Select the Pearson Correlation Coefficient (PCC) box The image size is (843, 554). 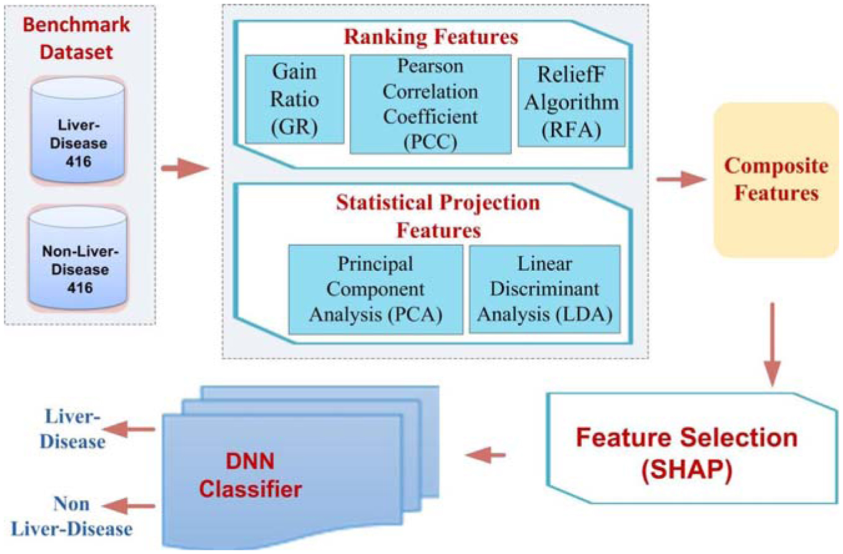pyautogui.click(x=431, y=103)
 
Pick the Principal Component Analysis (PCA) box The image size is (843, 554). pyautogui.click(x=375, y=289)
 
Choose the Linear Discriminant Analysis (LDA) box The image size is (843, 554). pyautogui.click(x=544, y=289)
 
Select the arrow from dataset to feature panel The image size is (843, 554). pyautogui.click(x=183, y=168)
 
